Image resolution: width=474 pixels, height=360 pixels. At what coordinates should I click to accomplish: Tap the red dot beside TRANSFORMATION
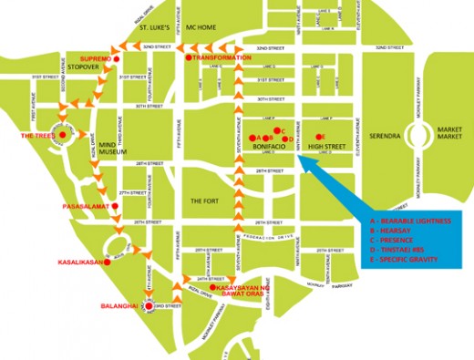click(189, 58)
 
